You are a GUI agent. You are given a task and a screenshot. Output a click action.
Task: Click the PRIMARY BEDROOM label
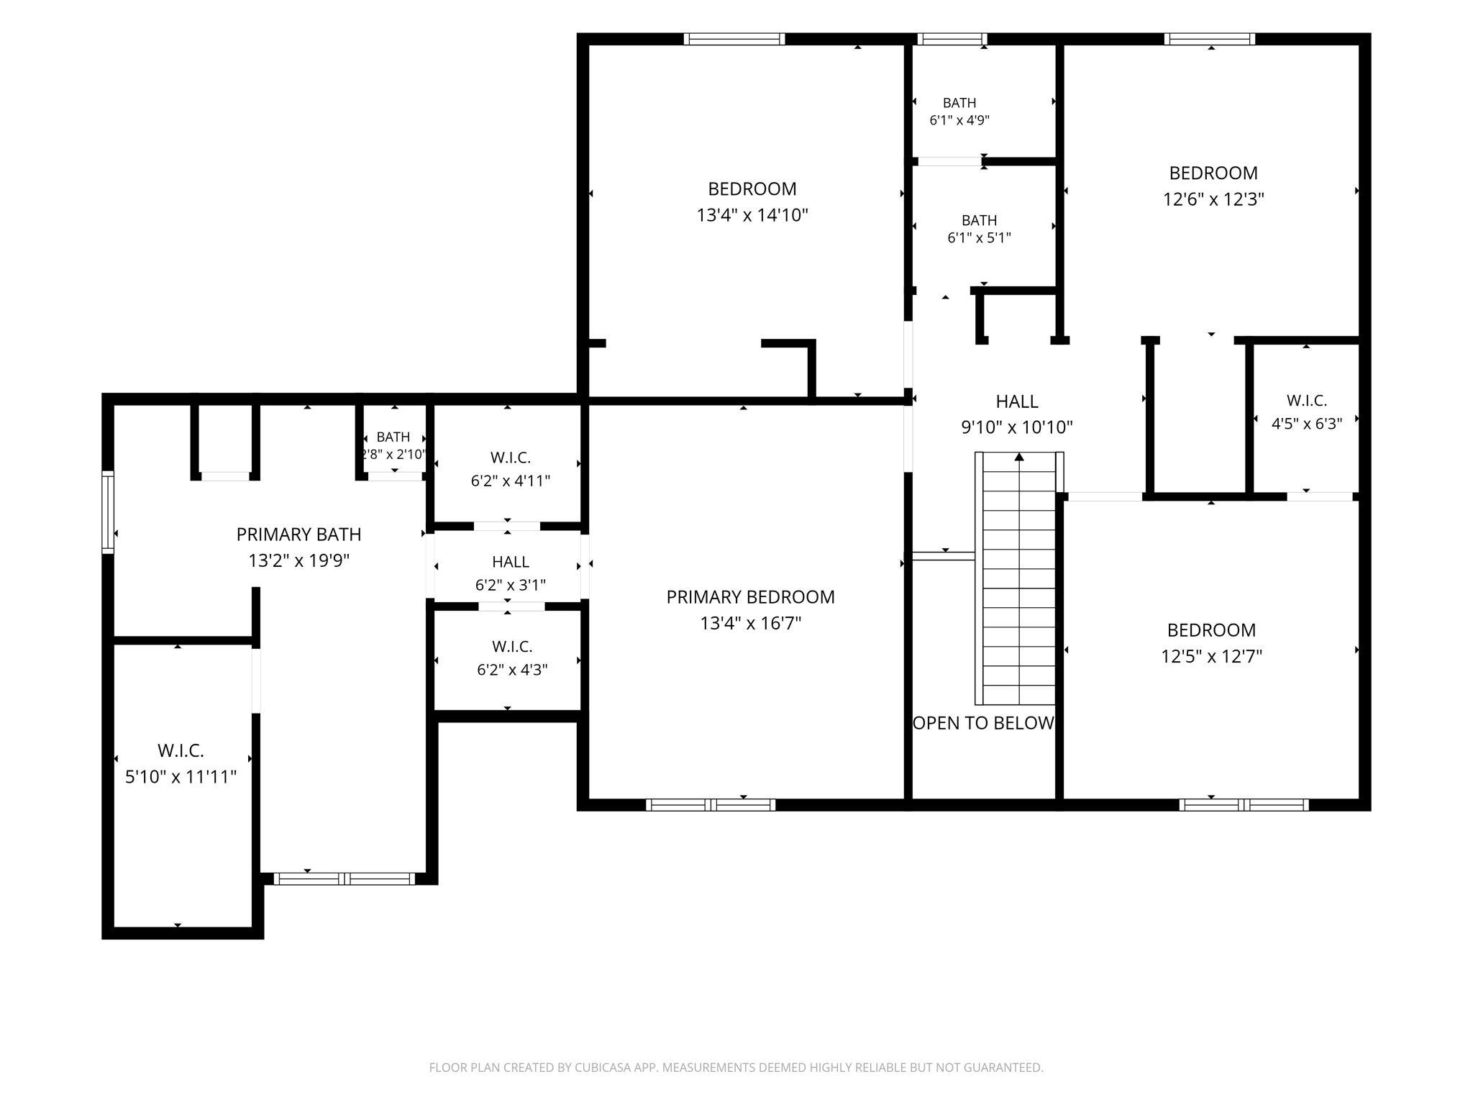[750, 597]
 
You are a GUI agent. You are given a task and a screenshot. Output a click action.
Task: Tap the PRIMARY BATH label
[298, 535]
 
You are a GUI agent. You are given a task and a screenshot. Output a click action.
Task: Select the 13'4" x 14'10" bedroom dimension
[752, 215]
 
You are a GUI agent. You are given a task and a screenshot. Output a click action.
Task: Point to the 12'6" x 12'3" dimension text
[1213, 199]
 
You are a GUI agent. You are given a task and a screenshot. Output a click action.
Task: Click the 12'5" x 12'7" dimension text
[1212, 656]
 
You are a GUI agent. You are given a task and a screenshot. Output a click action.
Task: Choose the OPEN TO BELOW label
[983, 723]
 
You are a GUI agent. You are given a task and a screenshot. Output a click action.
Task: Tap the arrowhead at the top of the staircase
[1019, 457]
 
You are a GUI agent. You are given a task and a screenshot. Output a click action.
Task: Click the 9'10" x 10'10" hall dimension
[1017, 428]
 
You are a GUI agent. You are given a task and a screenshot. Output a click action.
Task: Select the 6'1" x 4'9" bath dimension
[959, 121]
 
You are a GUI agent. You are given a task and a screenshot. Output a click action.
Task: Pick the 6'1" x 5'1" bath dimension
[979, 238]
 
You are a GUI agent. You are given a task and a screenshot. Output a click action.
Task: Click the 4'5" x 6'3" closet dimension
[1307, 424]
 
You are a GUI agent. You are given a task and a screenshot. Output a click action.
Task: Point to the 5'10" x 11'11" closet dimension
[181, 777]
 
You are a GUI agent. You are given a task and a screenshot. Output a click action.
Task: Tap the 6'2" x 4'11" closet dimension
[511, 481]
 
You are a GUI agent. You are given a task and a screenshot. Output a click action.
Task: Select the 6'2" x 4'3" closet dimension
[512, 670]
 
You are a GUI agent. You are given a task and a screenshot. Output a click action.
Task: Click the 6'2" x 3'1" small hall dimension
[511, 586]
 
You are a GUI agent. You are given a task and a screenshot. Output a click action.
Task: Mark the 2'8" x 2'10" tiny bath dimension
[393, 455]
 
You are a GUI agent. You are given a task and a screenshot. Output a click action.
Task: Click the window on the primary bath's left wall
[108, 512]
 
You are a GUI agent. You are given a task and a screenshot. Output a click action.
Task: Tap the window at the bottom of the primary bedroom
[711, 805]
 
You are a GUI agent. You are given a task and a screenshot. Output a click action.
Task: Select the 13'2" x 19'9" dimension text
[298, 560]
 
